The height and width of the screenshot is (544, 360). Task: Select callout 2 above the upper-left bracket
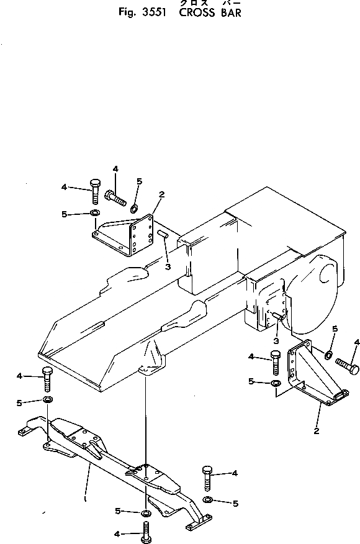click(x=161, y=194)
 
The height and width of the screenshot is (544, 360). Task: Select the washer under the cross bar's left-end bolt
click(x=48, y=399)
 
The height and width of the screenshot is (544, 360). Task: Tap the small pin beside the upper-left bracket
click(x=164, y=234)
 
